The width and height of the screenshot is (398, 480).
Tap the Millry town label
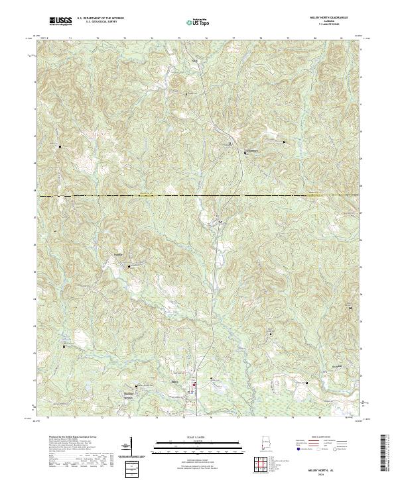(175, 383)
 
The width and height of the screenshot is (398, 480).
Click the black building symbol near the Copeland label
(129, 265)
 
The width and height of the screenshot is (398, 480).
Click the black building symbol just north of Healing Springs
(137, 387)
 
